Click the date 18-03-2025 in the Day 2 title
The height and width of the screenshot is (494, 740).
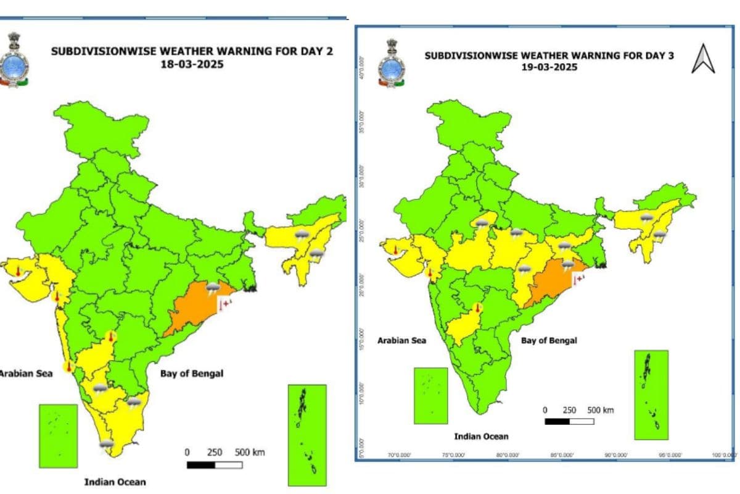coord(191,64)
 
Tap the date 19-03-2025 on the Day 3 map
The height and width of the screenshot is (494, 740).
coord(549,67)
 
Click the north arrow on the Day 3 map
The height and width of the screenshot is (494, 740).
coord(702,59)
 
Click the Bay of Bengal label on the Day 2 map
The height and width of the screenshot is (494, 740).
coord(192,374)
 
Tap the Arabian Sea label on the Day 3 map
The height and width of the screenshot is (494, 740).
coord(401,340)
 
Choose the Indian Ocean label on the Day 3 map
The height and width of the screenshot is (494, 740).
coord(481,437)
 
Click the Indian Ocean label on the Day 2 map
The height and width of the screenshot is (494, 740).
coord(115,481)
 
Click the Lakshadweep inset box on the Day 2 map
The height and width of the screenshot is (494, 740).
coord(58,435)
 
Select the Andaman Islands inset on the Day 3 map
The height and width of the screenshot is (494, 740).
coord(651,394)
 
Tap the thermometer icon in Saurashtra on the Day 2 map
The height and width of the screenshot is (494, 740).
coord(18,272)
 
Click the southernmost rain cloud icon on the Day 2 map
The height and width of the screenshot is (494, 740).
coord(107,443)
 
